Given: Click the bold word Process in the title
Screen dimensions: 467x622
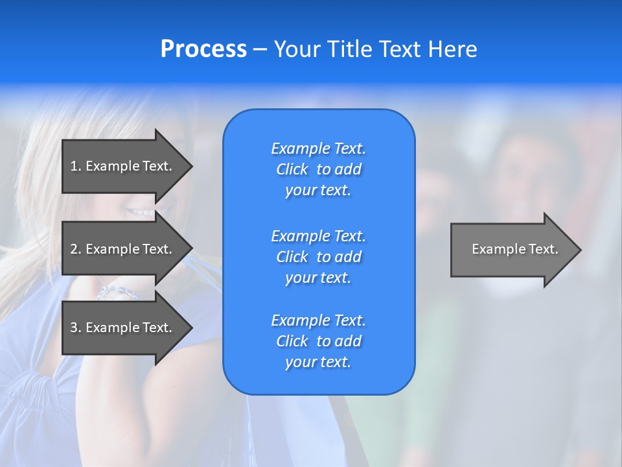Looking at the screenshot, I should [x=203, y=49].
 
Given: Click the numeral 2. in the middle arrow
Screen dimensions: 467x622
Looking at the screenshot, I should [x=75, y=249].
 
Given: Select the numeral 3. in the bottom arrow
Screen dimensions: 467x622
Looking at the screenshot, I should [x=75, y=328].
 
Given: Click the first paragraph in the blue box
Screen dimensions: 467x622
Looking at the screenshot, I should [x=318, y=169].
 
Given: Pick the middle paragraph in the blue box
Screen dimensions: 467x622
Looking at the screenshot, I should [x=318, y=257].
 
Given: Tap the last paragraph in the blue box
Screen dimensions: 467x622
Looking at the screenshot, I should [x=318, y=341].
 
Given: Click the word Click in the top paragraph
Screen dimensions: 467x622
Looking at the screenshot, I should [x=292, y=169].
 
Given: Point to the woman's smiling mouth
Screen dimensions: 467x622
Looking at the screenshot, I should [x=141, y=211].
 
